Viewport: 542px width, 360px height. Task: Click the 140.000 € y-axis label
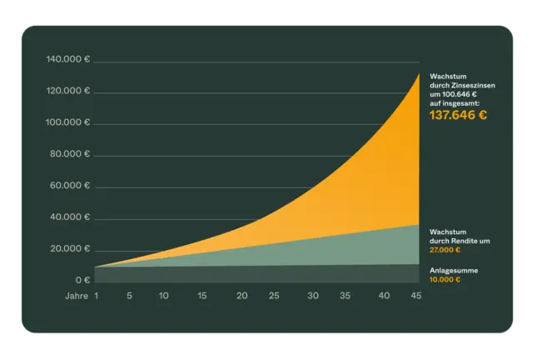pos(68,59)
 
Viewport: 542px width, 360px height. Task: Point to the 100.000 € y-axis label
pos(67,122)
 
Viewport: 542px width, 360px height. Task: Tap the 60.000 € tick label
pos(70,186)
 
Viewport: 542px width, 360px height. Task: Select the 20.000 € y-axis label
pos(70,248)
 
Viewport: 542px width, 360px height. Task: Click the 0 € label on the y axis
pos(83,280)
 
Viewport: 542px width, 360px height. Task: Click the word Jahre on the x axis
pos(77,296)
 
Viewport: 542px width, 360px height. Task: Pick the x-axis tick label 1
pos(97,296)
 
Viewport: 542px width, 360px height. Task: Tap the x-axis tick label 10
pos(163,296)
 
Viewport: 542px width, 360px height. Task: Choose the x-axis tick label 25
pos(274,296)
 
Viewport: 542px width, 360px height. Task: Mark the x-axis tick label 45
pos(416,296)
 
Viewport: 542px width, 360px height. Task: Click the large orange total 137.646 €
pos(458,115)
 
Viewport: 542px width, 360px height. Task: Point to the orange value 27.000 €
pos(445,250)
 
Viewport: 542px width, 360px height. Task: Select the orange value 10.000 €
pos(445,279)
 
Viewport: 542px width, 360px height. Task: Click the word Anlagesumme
pos(454,271)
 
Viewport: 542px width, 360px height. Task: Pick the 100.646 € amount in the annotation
pos(460,94)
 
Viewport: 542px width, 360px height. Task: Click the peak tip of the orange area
pos(420,73)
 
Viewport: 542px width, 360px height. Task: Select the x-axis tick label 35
pos(345,296)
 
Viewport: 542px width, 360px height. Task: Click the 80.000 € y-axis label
pos(70,154)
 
